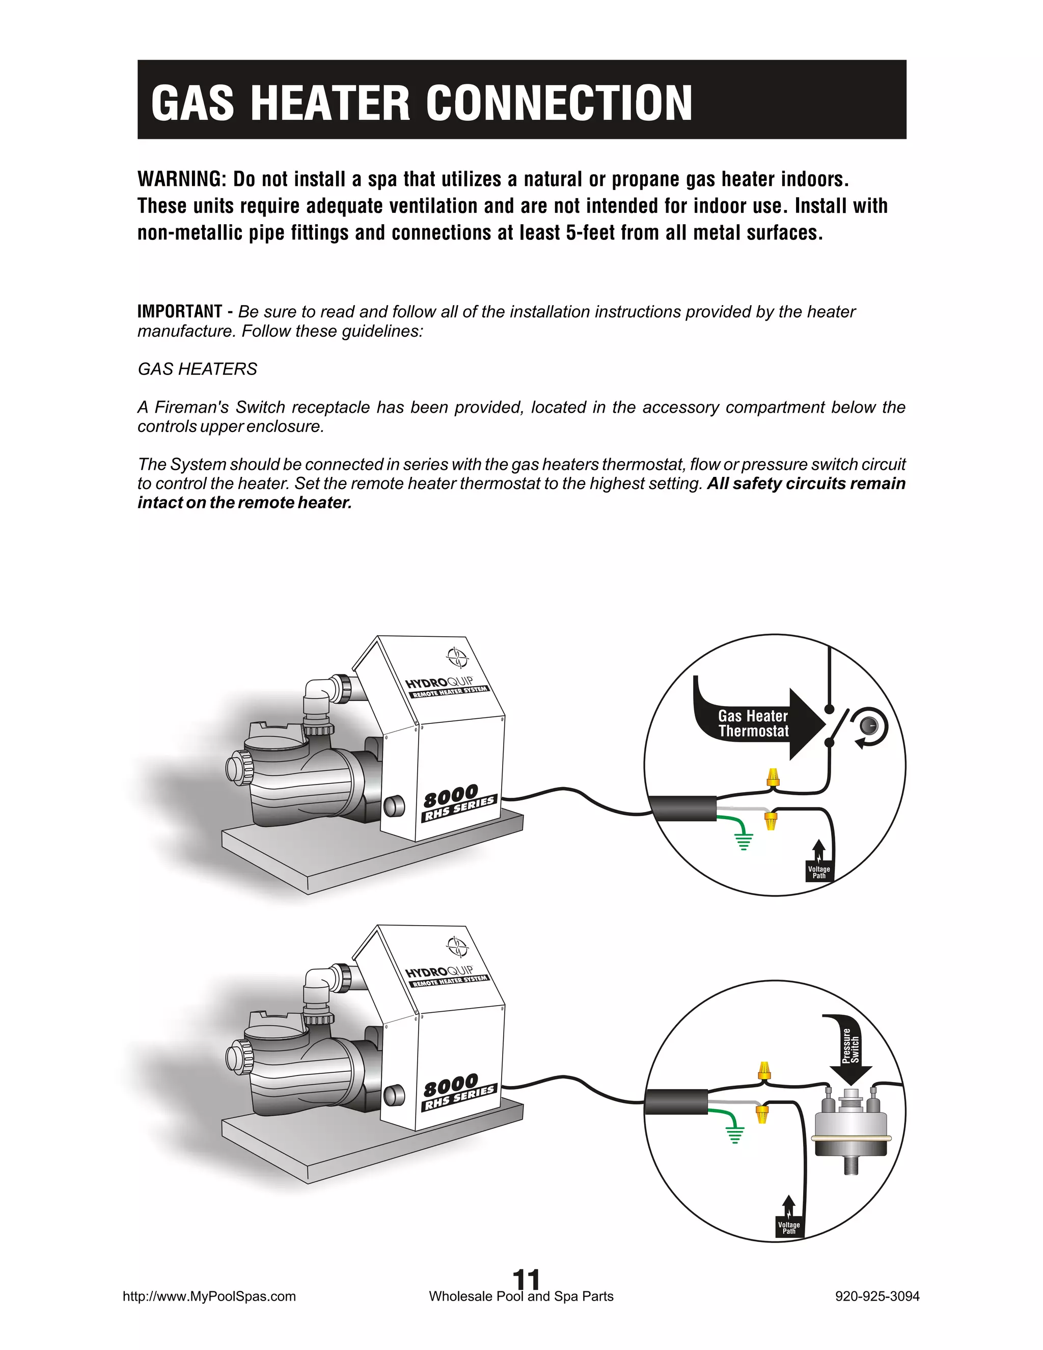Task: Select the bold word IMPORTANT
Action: (x=179, y=312)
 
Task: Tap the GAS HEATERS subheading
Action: (x=197, y=369)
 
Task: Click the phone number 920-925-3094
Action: (x=877, y=1296)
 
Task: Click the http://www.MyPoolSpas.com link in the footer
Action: (x=209, y=1296)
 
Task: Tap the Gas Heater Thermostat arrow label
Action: (x=753, y=724)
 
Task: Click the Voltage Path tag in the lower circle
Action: (x=788, y=1228)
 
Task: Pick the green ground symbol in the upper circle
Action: (x=744, y=841)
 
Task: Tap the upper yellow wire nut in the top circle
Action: (x=772, y=778)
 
